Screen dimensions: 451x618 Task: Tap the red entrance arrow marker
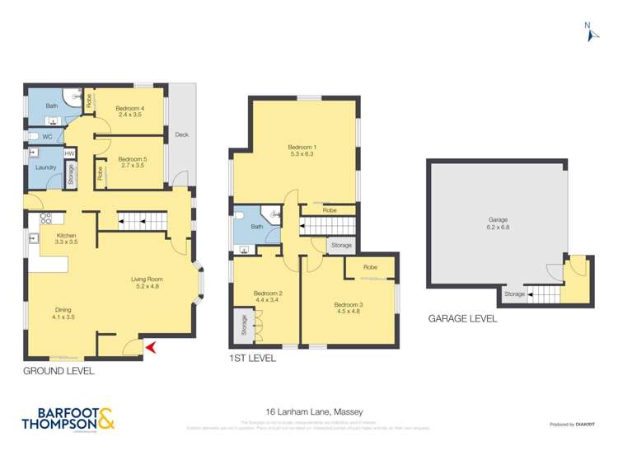coord(150,350)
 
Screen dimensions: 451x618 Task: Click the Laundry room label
coord(44,167)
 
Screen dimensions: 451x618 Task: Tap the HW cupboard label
coord(70,153)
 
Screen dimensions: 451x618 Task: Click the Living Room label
coord(145,283)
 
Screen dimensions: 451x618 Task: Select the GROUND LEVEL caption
coord(59,372)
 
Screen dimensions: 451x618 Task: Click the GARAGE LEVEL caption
coord(462,318)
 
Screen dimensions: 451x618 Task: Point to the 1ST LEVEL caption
coord(252,359)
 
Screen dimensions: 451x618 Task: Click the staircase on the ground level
coord(142,219)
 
